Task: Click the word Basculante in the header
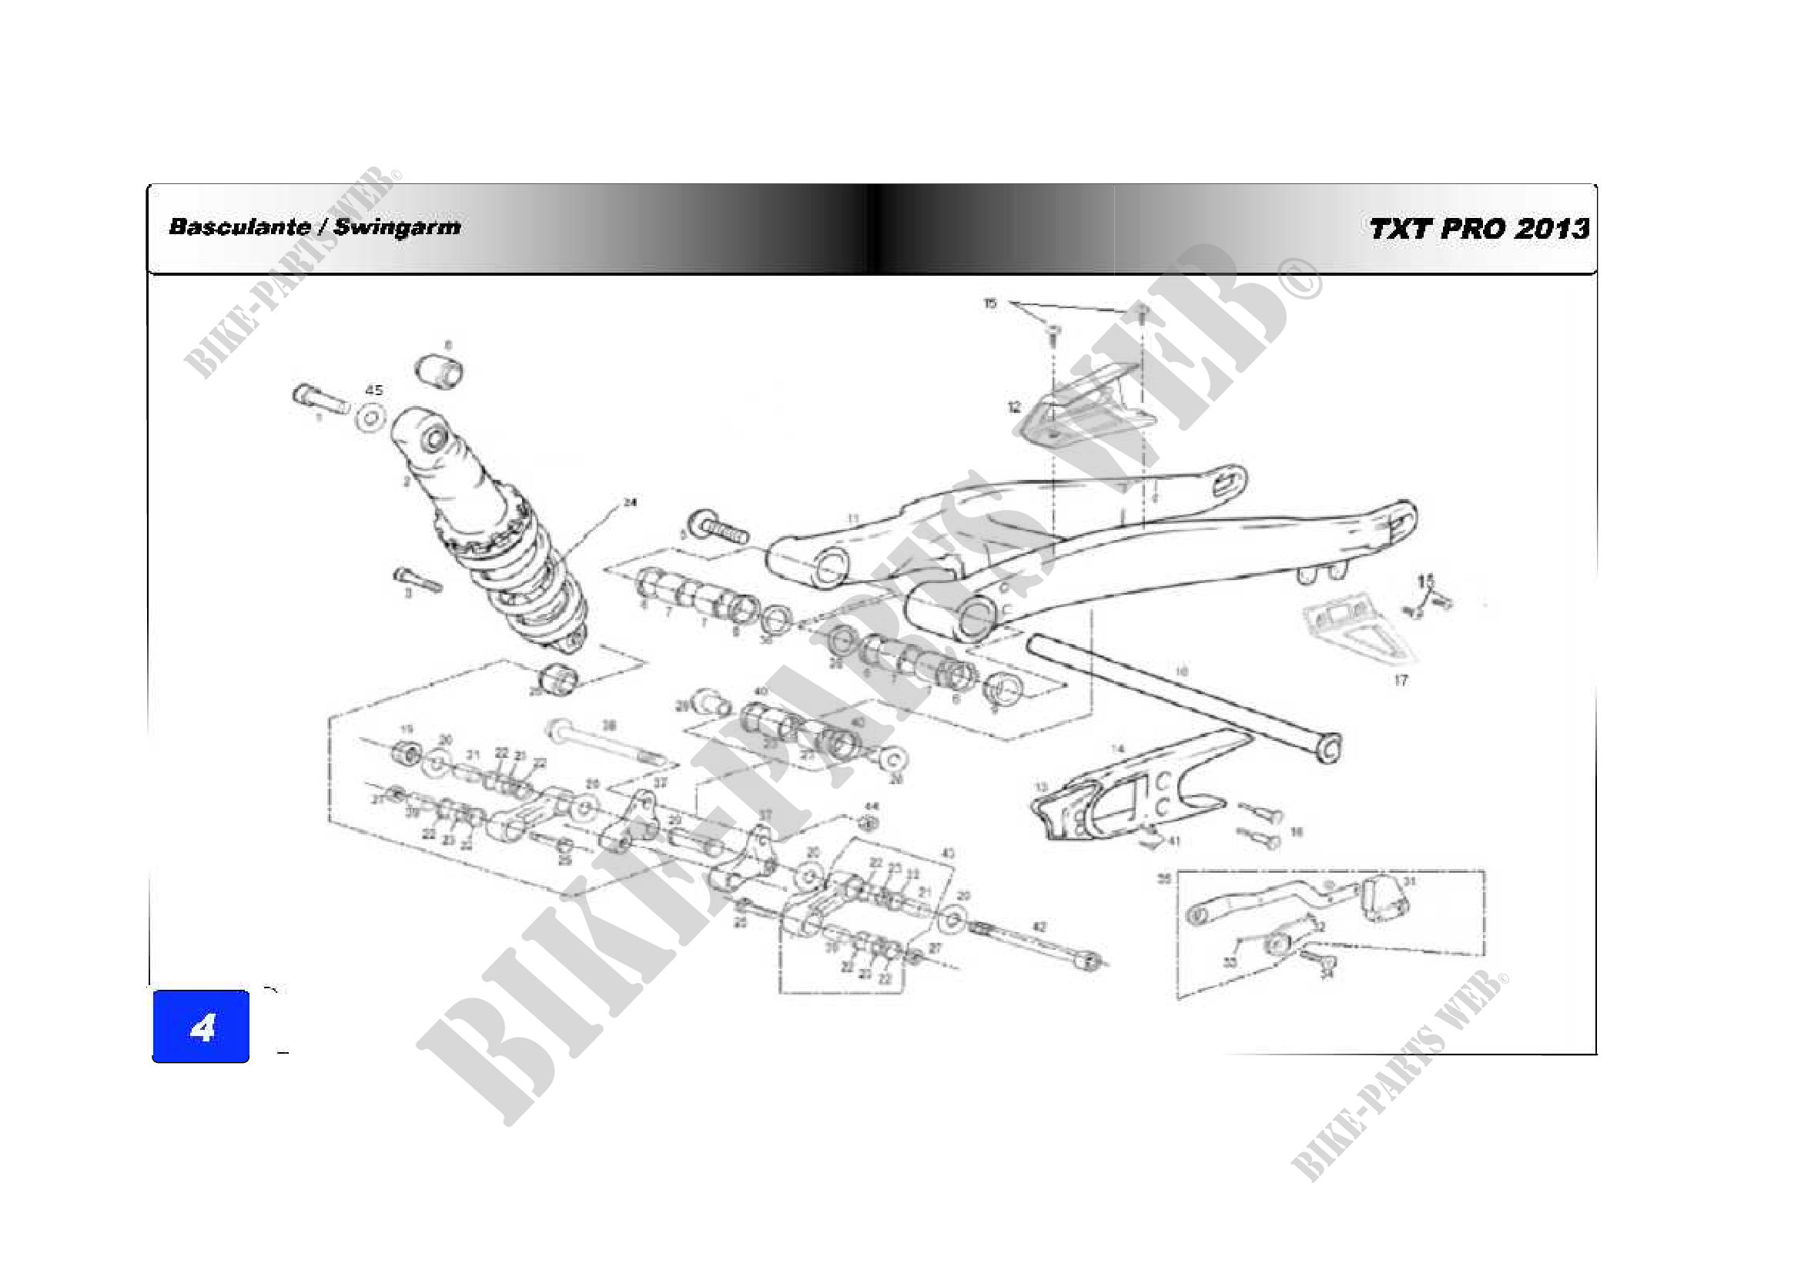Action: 239,227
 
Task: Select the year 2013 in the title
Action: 1551,229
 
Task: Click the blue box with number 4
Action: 201,1026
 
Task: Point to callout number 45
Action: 374,390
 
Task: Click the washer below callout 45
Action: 370,417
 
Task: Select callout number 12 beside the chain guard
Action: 1014,407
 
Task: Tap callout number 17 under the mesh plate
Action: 1401,680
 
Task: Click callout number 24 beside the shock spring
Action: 630,502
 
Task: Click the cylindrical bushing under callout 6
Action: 439,370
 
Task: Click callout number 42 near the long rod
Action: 1039,927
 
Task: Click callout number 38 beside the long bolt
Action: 609,726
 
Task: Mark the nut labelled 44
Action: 868,823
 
